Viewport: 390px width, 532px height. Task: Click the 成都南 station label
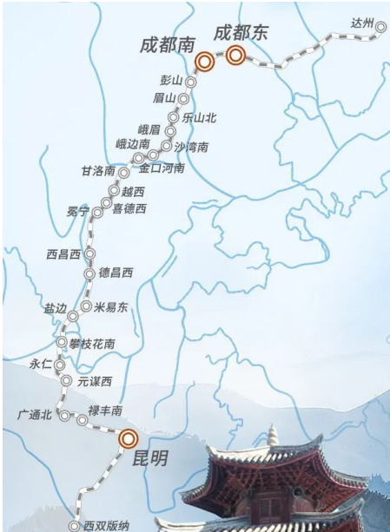[166, 44]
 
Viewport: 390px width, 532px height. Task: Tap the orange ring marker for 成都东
[236, 56]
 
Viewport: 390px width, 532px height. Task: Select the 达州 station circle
[380, 27]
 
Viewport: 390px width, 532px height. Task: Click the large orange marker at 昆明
[129, 438]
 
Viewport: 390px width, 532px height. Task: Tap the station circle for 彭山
[191, 82]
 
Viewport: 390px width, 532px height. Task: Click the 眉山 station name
[164, 97]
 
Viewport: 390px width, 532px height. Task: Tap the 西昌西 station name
[64, 254]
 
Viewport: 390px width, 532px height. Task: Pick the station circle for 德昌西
[89, 273]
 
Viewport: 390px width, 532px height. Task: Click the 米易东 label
[111, 307]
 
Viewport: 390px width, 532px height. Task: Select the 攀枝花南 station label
[91, 345]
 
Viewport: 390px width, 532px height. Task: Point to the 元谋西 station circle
[66, 380]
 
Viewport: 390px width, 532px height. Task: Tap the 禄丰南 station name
[106, 410]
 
